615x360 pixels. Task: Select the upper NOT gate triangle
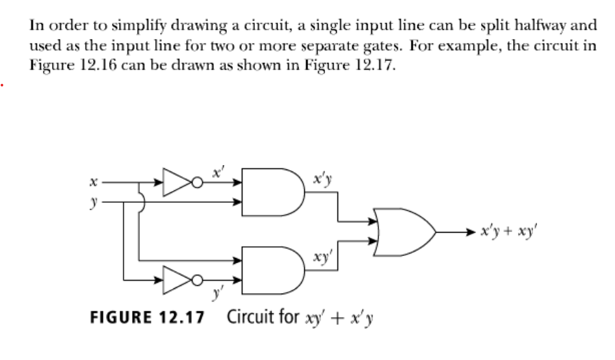pos(172,184)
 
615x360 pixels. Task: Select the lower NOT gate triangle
pos(172,281)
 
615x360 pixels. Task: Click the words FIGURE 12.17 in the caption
pos(146,318)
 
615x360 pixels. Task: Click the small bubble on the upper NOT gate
pos(193,184)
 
